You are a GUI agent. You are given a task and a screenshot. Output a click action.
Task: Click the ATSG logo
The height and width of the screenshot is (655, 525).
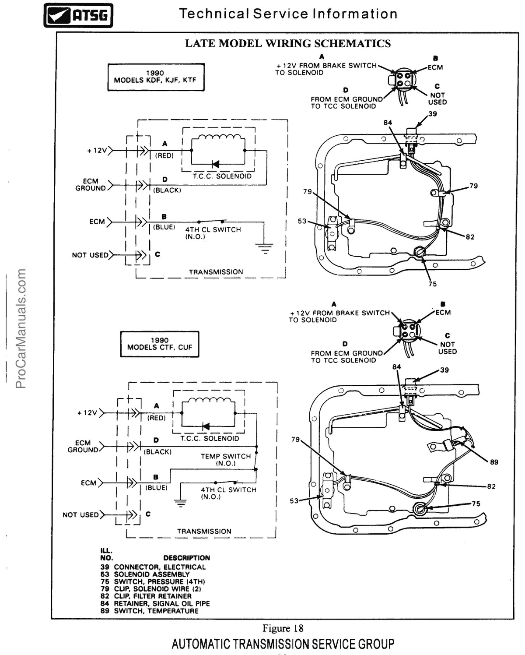(78, 15)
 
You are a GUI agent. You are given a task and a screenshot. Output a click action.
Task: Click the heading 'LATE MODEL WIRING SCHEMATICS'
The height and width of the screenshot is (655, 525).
(288, 43)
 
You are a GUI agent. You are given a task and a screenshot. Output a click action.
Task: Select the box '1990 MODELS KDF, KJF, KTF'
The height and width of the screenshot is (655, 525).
(156, 77)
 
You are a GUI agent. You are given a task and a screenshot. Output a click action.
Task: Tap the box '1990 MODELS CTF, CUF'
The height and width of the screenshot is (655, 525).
(160, 344)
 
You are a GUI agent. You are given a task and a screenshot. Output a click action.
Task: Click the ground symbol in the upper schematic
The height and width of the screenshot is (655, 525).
(264, 248)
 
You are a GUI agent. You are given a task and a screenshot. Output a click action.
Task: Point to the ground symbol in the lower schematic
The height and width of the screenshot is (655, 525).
(180, 503)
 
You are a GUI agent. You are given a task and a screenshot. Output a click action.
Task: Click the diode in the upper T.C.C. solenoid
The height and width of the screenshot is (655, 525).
(215, 164)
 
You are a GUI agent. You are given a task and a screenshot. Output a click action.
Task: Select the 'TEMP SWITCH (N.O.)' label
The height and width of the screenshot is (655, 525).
(226, 460)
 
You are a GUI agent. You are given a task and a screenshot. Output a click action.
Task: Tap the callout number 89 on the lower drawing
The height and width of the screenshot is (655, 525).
(494, 462)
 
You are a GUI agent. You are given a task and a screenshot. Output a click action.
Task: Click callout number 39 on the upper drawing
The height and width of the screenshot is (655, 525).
(433, 114)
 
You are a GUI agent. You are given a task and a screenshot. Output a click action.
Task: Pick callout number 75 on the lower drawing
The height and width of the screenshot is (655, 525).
(476, 504)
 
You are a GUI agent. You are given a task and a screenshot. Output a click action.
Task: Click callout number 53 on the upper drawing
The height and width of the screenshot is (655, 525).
(302, 221)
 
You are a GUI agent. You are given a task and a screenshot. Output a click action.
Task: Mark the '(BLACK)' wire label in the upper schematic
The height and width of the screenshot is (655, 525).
(167, 190)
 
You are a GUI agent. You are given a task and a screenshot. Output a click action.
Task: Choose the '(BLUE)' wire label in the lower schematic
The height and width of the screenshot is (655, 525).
(156, 488)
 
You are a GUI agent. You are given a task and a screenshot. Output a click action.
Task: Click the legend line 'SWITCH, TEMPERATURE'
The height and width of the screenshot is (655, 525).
(156, 611)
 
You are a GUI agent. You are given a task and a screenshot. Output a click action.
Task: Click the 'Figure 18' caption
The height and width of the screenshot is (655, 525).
(283, 628)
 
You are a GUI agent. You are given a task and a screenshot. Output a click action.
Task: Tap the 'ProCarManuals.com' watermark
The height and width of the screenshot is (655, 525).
(21, 328)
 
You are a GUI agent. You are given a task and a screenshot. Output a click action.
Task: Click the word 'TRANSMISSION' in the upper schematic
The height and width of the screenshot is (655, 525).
(216, 272)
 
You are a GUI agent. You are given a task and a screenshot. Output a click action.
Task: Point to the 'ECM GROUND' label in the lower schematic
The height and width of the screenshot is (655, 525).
(83, 446)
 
